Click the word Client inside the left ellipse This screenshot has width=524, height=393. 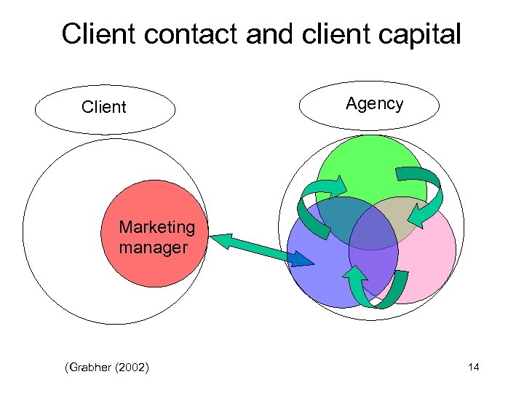pos(104,108)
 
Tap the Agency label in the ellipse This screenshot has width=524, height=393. pos(374,104)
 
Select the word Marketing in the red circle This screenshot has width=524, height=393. pos(157,227)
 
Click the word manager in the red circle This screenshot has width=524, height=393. pos(153,247)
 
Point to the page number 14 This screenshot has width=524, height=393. pos(473,368)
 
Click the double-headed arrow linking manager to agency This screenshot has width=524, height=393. pos(262,247)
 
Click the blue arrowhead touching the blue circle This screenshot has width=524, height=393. pos(306,259)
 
